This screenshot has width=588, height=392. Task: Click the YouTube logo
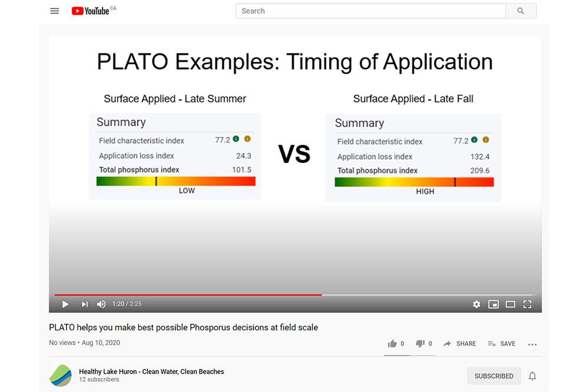point(91,11)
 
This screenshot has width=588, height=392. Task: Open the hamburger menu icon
point(55,11)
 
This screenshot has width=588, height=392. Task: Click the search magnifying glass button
point(521,11)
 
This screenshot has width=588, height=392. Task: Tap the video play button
point(65,304)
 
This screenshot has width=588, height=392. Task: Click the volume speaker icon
point(101,304)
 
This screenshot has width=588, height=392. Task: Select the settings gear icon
point(476,304)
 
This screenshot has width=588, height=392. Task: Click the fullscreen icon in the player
point(527,304)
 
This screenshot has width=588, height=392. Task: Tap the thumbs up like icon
point(392,344)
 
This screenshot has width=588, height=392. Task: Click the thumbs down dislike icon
point(420,344)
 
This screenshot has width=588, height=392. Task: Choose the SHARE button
point(460,344)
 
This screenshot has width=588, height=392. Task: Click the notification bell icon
point(532,376)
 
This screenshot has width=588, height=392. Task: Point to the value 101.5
point(242,170)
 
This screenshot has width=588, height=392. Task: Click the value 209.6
point(480,170)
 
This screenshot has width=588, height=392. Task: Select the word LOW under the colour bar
point(186,190)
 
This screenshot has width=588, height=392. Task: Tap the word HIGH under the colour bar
point(425,191)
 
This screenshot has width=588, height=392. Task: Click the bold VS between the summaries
point(294,154)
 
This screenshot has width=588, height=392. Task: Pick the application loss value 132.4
point(480,157)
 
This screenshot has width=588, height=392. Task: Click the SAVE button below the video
point(502,344)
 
